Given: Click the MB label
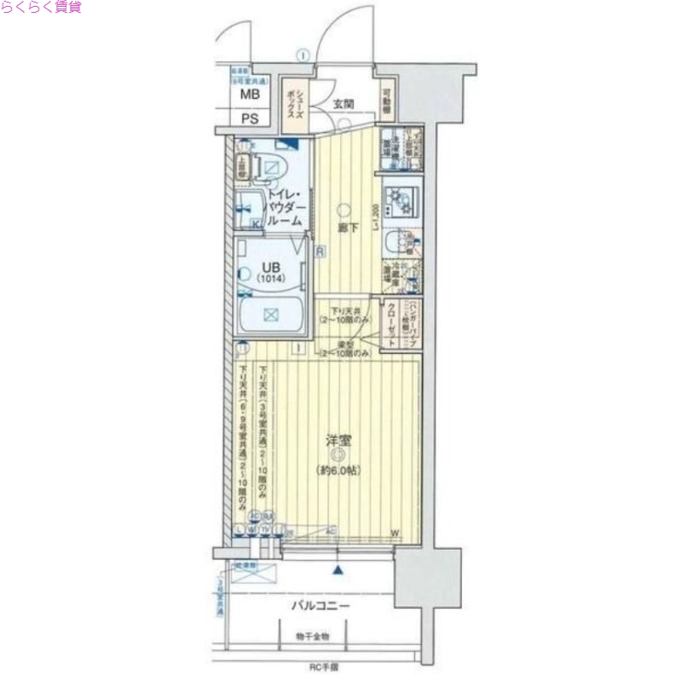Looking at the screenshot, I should tap(249, 95).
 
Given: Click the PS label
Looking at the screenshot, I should tap(249, 118).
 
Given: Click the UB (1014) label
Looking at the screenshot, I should tap(270, 270).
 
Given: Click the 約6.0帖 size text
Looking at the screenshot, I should tap(338, 470).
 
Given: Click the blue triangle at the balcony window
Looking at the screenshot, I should tap(339, 570).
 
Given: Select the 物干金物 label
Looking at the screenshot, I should tap(313, 636).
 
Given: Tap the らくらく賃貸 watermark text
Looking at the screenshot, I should tap(41, 8).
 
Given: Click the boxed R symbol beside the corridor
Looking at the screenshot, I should tap(318, 251).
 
